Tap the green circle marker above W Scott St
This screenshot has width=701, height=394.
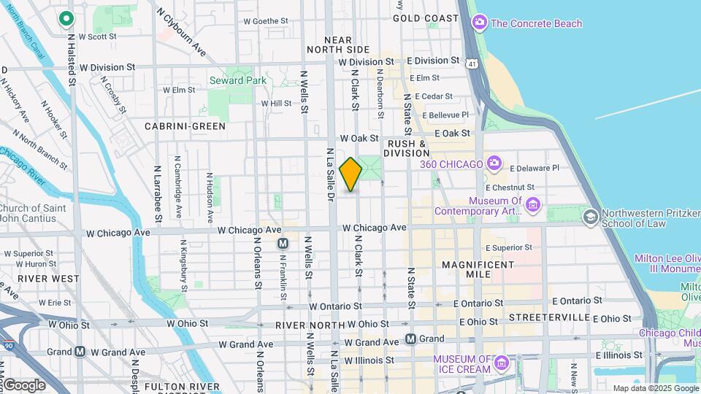(66, 18)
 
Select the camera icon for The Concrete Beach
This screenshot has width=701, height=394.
(480, 23)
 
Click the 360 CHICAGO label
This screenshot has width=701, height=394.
(451, 163)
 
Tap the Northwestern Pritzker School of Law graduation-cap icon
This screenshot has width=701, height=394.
(589, 217)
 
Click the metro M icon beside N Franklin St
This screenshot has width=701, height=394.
(283, 244)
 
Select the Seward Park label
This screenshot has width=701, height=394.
(227, 80)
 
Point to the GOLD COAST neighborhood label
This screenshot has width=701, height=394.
(426, 18)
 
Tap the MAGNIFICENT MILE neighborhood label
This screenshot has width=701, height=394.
(478, 269)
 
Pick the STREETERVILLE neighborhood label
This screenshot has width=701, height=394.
(549, 318)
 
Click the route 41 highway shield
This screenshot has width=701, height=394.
(473, 64)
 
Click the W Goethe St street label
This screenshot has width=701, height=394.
(266, 22)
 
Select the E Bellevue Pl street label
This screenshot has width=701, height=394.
(443, 115)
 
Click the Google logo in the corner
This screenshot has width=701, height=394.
(24, 385)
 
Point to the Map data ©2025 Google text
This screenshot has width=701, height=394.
(655, 388)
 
